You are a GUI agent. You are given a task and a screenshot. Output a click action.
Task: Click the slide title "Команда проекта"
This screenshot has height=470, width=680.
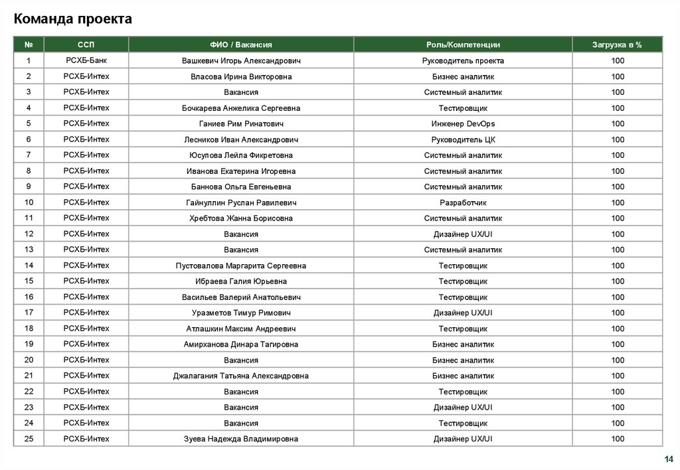click(x=73, y=19)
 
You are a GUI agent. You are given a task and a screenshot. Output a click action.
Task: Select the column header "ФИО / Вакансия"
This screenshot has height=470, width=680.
click(x=241, y=44)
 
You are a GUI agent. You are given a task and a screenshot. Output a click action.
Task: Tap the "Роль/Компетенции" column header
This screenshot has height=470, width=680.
click(x=463, y=44)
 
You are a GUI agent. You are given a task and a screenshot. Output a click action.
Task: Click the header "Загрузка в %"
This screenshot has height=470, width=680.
click(x=618, y=44)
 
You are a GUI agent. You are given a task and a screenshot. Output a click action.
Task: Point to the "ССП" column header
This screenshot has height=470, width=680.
click(x=86, y=44)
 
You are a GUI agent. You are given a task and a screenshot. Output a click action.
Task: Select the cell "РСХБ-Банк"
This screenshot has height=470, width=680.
click(x=86, y=60)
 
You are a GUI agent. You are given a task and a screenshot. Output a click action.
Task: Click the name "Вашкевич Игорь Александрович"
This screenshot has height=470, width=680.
click(x=241, y=60)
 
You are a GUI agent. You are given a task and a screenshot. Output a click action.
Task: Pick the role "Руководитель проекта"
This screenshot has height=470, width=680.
click(x=463, y=60)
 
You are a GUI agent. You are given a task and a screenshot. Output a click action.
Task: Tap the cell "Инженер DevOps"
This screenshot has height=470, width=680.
click(x=463, y=123)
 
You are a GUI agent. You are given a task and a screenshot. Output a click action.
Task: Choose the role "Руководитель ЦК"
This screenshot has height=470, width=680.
click(x=463, y=139)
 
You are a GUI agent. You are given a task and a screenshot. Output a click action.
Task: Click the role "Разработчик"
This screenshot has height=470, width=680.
click(x=463, y=202)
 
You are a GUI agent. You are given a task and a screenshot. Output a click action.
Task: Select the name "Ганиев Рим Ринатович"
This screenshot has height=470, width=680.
click(x=241, y=123)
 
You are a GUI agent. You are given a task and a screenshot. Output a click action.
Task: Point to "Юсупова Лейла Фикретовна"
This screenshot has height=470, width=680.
click(x=241, y=155)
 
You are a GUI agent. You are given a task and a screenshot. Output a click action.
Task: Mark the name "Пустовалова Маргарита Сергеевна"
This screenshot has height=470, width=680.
click(x=241, y=266)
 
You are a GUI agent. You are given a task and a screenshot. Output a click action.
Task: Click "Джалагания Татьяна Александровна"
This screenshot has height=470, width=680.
click(x=241, y=376)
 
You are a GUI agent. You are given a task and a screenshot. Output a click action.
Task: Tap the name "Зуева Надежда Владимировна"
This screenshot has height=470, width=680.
click(x=241, y=439)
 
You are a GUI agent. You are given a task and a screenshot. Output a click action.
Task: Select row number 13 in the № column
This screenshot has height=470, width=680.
click(x=29, y=250)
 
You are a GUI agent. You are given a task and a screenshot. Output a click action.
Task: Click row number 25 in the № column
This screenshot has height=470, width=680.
click(x=29, y=439)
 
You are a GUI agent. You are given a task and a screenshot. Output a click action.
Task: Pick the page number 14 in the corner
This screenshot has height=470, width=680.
click(x=668, y=459)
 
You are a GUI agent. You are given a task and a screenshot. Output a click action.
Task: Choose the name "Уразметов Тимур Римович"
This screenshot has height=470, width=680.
click(x=241, y=313)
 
